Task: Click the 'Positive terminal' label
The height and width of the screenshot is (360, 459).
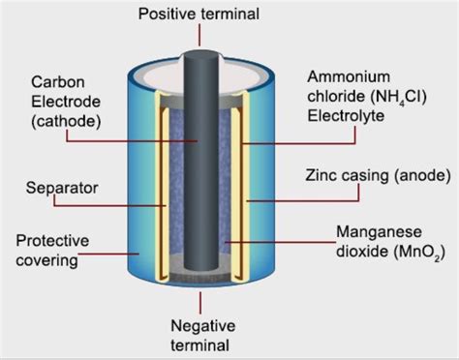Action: click(x=199, y=13)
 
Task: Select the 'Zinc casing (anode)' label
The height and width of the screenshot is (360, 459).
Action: click(x=369, y=177)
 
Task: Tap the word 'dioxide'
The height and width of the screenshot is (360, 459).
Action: click(x=355, y=252)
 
